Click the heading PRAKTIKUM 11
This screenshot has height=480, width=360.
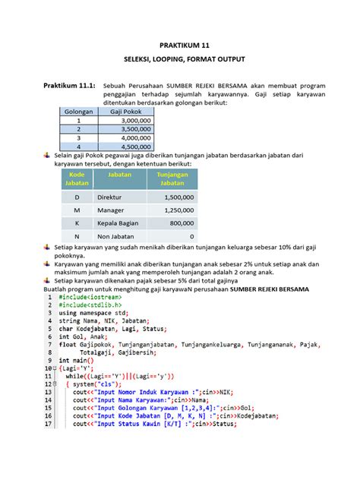(180, 46)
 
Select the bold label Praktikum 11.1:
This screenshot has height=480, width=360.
(68, 86)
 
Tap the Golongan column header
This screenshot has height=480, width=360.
(78, 111)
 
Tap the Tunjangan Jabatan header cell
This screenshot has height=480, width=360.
(172, 178)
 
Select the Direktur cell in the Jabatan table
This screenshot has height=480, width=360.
(109, 197)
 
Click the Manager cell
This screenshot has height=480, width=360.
(110, 210)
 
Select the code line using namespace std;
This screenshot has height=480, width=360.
(93, 314)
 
